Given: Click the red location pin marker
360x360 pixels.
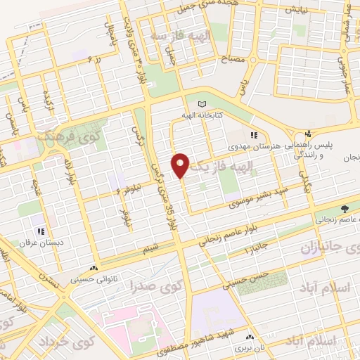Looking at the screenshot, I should (x=181, y=165).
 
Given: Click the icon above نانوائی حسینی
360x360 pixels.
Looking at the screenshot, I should (x=94, y=269).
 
